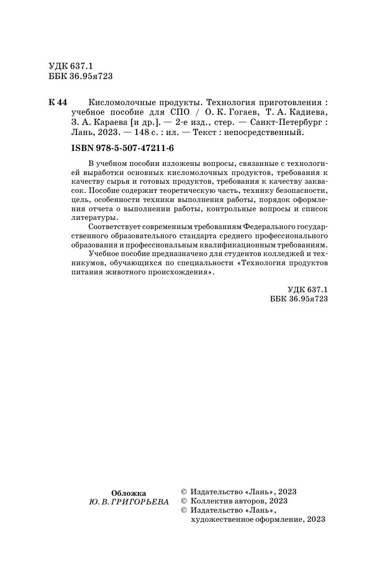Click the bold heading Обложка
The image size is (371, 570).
[x=128, y=493]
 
